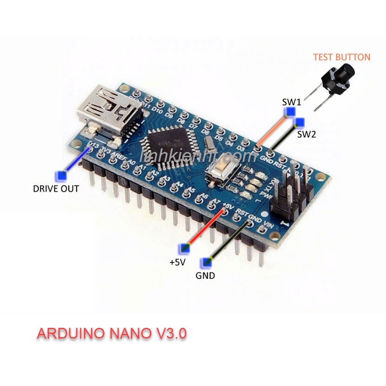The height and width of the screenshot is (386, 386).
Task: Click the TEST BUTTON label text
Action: click(x=341, y=57)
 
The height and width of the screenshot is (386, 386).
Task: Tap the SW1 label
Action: click(x=292, y=102)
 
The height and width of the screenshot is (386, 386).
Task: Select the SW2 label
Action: click(x=306, y=134)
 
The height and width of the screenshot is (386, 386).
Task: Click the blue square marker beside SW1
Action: click(x=291, y=112)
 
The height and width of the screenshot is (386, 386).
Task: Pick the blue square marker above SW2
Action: click(x=299, y=123)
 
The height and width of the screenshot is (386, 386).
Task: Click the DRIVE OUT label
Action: click(x=56, y=189)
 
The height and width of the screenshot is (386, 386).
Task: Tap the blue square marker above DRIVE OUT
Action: click(x=60, y=176)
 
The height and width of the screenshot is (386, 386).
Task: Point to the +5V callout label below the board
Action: click(x=178, y=262)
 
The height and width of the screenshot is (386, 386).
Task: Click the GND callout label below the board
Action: click(x=205, y=275)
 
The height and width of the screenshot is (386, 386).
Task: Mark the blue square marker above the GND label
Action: click(x=205, y=262)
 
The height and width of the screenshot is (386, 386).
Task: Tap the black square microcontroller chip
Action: click(x=165, y=145)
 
